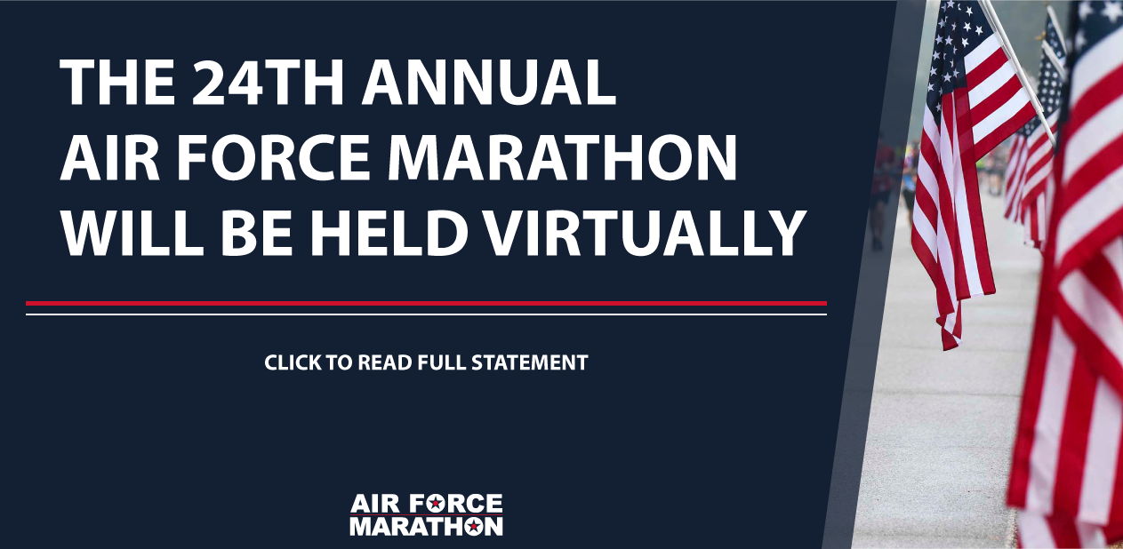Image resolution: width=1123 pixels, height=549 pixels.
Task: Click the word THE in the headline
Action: click(x=118, y=83)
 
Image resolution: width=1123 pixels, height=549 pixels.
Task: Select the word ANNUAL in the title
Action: click(x=489, y=83)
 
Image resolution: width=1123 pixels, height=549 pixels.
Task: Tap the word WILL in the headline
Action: click(x=132, y=234)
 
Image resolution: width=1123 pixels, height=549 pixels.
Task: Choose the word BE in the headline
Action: click(x=257, y=234)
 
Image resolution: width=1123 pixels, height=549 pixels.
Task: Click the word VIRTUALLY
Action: click(x=642, y=234)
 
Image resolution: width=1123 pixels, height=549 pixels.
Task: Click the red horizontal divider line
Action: click(x=426, y=303)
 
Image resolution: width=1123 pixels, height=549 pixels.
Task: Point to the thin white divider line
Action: click(x=426, y=314)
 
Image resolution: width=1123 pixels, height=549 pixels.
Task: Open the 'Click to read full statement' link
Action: click(x=426, y=362)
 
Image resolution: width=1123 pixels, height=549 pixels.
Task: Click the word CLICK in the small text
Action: click(x=293, y=362)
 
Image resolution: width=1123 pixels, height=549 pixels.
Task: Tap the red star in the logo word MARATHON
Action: click(x=472, y=526)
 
